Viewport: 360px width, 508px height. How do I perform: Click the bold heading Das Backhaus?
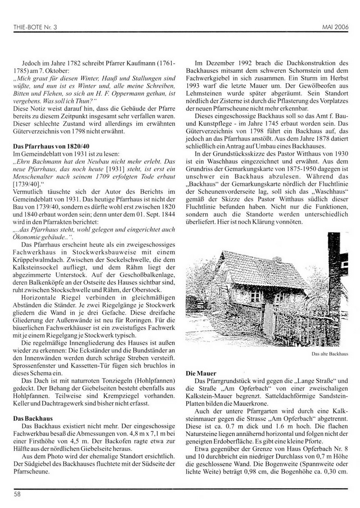tap(31, 418)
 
